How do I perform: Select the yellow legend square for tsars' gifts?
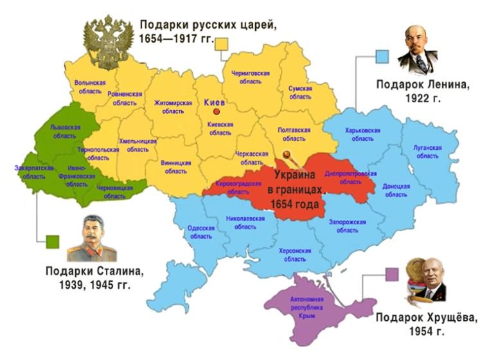click(x=222, y=44)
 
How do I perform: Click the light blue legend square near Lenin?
click(x=382, y=57)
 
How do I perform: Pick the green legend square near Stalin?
click(x=52, y=242)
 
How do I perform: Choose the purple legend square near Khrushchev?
click(x=392, y=274)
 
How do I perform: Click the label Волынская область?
click(x=90, y=87)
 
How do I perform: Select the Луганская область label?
click(x=427, y=152)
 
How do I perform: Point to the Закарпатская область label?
click(x=30, y=172)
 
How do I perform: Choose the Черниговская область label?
click(x=250, y=78)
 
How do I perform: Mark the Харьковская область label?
click(x=363, y=134)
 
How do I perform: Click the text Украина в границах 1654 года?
click(x=296, y=190)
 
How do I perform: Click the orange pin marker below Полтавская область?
click(x=287, y=155)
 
